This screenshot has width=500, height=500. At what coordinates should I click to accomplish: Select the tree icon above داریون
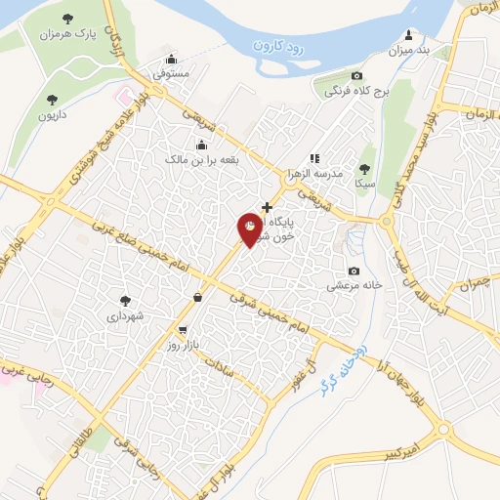(x=52, y=100)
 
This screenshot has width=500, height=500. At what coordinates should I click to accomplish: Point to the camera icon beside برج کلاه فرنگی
(x=357, y=76)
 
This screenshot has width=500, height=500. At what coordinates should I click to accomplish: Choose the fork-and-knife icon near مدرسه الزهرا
(x=313, y=157)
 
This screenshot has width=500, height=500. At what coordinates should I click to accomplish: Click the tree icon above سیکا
(x=365, y=169)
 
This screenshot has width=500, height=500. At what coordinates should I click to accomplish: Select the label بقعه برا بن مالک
(x=201, y=158)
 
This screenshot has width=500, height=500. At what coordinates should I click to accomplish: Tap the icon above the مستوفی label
(x=172, y=58)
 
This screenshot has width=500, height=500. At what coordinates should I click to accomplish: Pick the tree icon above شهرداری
(x=125, y=301)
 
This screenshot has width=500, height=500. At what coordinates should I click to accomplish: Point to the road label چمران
(x=471, y=283)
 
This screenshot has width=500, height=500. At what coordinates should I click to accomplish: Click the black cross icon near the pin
(x=268, y=207)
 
